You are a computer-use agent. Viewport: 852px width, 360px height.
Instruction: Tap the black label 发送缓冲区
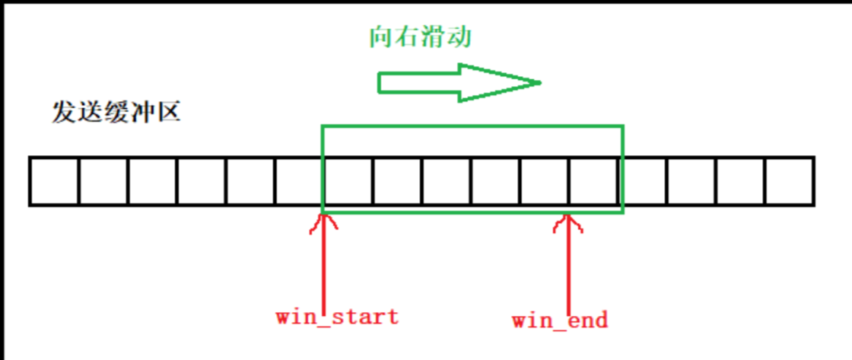116,113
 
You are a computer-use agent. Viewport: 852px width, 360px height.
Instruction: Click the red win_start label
336,316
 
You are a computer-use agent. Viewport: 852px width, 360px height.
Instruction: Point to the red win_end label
560,320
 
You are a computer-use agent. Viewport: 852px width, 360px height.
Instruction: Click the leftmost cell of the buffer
55,181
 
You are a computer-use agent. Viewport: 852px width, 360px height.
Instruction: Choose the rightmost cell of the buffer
789,181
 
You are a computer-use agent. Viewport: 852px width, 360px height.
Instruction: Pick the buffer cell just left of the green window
299,181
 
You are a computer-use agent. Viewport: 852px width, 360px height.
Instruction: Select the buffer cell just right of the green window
644,181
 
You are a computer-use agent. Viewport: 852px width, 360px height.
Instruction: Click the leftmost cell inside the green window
348,181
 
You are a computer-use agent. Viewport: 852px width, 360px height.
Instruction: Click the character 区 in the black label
168,113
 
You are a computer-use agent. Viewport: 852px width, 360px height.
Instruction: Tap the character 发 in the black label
64,113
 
